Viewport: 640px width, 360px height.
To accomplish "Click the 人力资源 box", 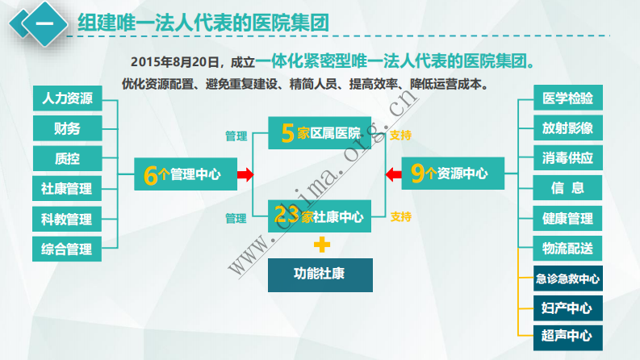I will coord(66,99).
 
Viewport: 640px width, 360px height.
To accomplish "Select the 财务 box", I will coord(66,129).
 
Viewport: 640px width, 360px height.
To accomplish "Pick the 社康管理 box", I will coord(66,189).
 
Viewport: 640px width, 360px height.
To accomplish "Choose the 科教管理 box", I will coord(66,219).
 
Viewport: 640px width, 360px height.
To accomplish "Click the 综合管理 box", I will coord(66,249).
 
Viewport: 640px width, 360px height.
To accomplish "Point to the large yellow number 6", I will coord(149,175).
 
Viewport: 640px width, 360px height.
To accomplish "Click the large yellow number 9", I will coord(416,174).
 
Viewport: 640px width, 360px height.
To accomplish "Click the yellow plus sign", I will coord(322,244).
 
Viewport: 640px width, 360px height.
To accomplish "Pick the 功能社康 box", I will coord(320,274).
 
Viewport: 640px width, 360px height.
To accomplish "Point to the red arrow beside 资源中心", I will coord(393,174).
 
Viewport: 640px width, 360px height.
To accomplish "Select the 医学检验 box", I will coord(567,99).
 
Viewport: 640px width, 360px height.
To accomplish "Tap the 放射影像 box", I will coord(567,129).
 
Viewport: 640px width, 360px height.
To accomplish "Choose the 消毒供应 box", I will coord(567,159).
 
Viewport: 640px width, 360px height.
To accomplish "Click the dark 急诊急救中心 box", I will coord(567,279).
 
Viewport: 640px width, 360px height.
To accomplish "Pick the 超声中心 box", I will coord(567,335).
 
